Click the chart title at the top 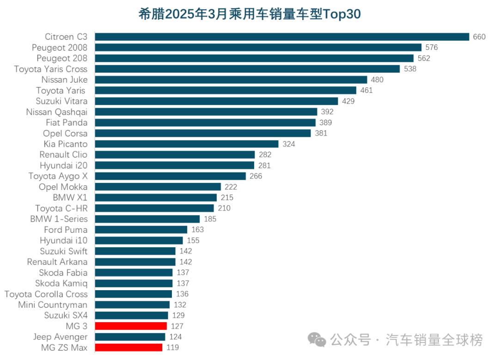249,14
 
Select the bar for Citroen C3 282,37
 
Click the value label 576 432,48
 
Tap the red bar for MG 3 131,326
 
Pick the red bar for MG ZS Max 128,348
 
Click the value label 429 348,101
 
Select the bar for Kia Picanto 187,144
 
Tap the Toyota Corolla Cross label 46,294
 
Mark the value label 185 210,219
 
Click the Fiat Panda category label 67,122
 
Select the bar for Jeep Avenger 130,337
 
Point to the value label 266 256,176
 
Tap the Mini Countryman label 53,305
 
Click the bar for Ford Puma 141,230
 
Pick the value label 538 410,69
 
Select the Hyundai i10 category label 63,240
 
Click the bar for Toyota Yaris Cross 247,69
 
